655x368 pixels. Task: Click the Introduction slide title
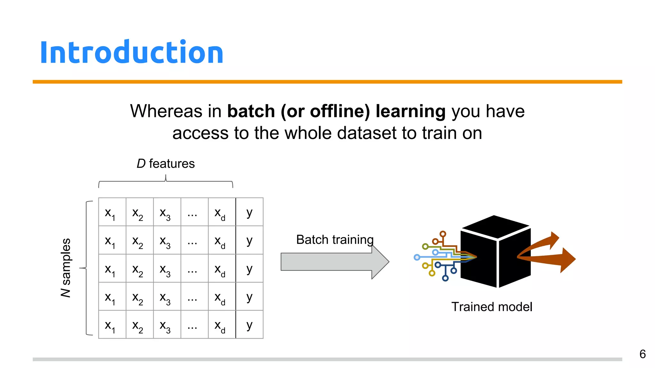click(131, 52)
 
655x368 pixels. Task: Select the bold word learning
click(410, 111)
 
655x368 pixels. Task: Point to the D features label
click(165, 164)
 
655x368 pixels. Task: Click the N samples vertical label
click(66, 268)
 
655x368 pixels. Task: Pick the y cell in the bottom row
click(249, 325)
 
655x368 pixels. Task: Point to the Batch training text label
click(335, 240)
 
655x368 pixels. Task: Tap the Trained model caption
click(492, 307)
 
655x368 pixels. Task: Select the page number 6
click(642, 354)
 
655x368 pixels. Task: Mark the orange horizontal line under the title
click(327, 82)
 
